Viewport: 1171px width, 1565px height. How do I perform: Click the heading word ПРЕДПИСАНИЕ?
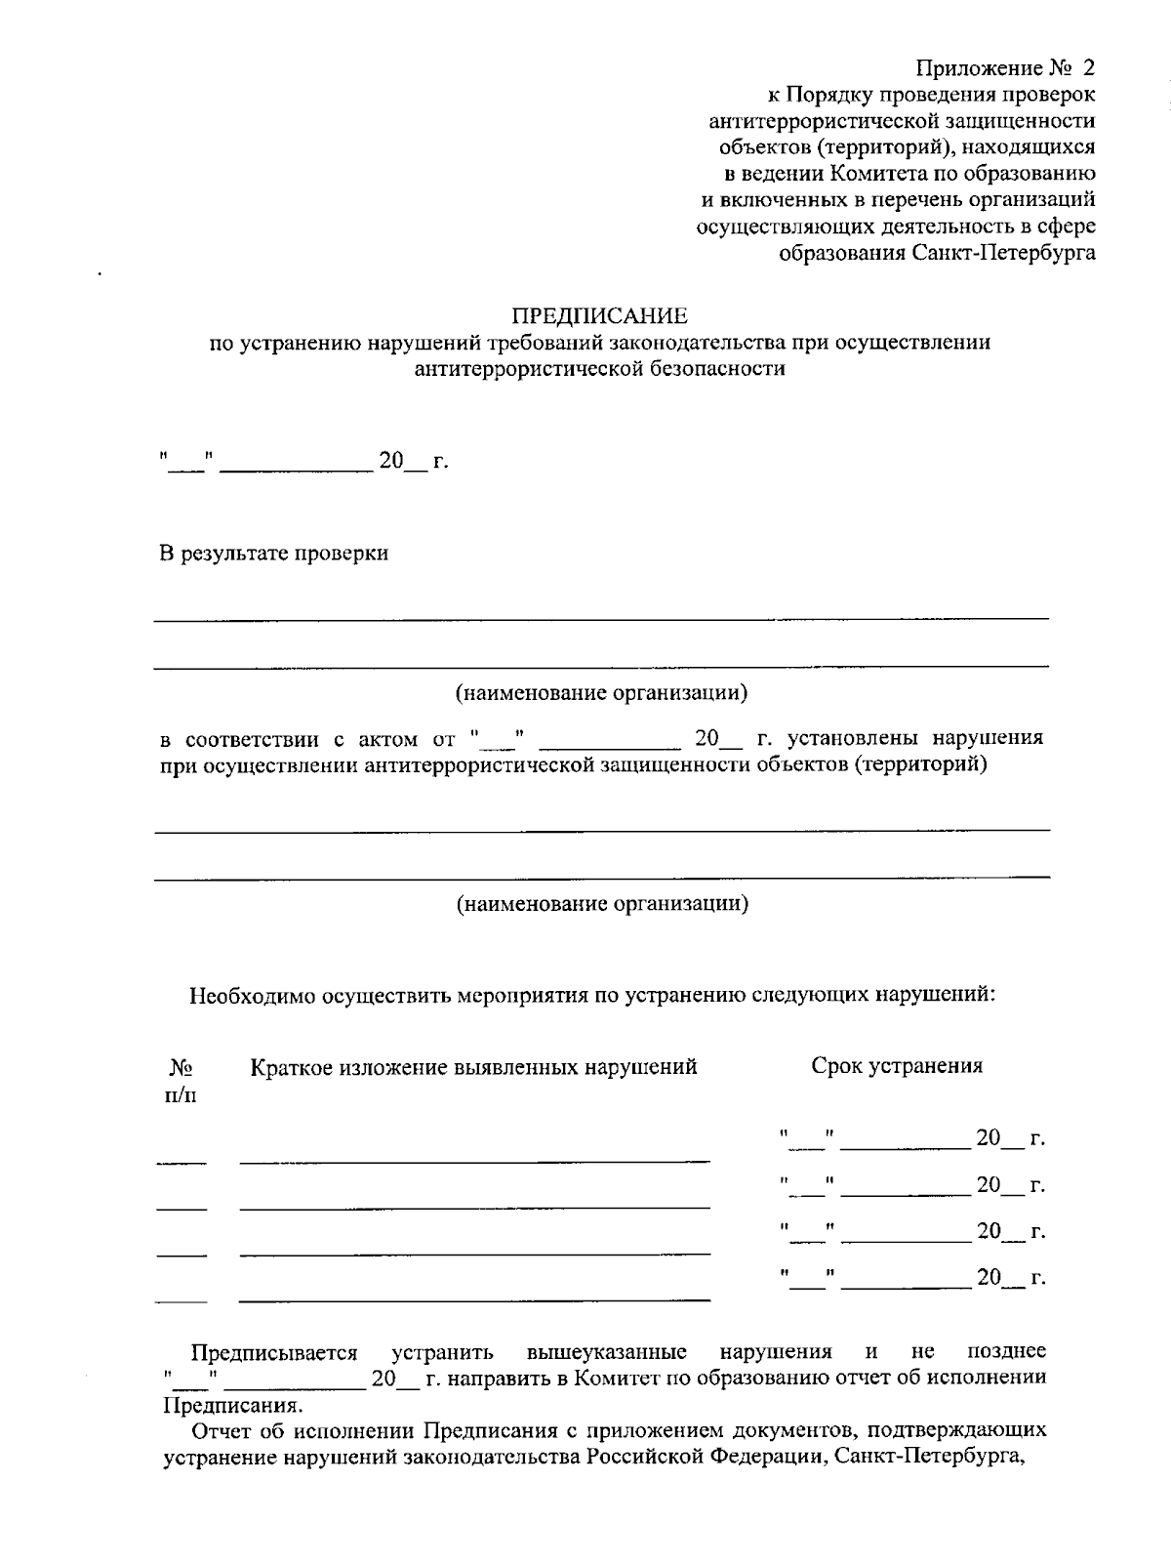[x=600, y=316]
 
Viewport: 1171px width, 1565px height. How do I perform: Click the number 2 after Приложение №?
[x=1088, y=68]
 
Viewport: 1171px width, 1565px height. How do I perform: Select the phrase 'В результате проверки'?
[x=274, y=554]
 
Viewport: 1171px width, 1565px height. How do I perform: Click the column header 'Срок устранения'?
[x=897, y=1066]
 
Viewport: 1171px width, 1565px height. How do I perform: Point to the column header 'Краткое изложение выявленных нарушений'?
[x=473, y=1067]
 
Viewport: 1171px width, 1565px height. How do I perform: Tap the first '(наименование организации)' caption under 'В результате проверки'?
[x=601, y=693]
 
